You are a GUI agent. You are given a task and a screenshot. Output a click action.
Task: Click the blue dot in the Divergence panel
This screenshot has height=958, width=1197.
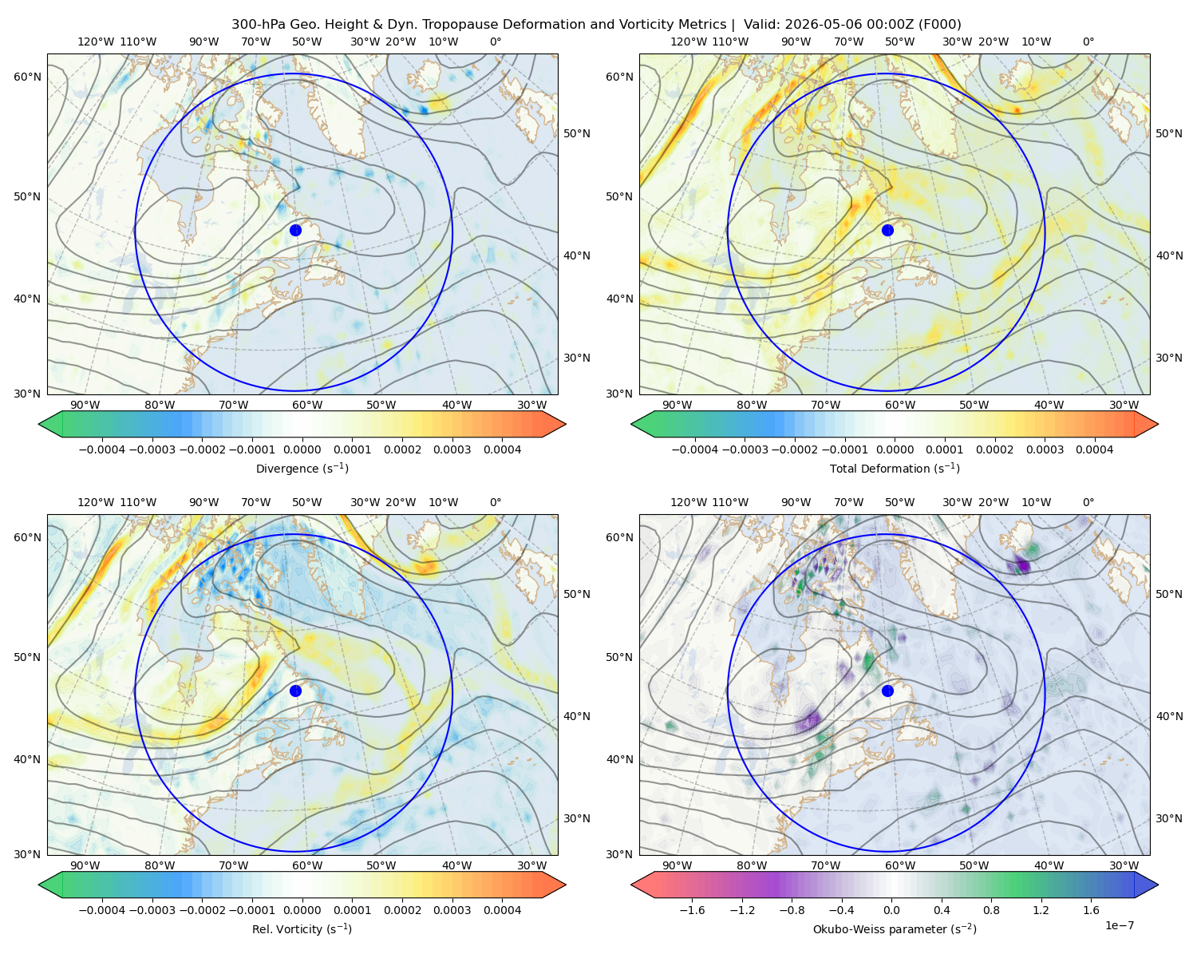[x=295, y=230]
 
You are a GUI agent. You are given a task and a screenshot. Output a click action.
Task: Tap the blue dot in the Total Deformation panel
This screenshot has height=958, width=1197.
[x=887, y=230]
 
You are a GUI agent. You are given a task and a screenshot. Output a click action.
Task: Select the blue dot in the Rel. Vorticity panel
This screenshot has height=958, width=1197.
[x=295, y=691]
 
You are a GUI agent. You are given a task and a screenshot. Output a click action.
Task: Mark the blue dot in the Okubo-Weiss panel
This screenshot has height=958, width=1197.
[x=887, y=691]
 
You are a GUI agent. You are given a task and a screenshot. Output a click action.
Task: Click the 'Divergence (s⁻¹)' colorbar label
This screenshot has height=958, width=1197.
[x=302, y=468]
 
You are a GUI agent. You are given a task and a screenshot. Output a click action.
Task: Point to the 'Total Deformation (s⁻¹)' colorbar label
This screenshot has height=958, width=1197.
[x=895, y=468]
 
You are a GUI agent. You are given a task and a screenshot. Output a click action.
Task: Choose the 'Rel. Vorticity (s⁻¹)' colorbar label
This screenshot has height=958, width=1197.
[x=302, y=929]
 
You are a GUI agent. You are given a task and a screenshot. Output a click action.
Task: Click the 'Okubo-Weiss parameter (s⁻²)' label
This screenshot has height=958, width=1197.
[x=895, y=929]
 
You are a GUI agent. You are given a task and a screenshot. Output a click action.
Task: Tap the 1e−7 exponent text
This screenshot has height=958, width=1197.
[x=1119, y=925]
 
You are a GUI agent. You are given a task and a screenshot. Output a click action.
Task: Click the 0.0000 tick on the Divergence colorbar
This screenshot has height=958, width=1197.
[x=302, y=449]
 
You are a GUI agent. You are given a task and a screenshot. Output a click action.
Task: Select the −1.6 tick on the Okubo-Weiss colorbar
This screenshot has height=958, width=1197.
[x=692, y=910]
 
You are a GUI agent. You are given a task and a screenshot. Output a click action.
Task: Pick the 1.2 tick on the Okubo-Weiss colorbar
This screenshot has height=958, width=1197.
[x=1041, y=910]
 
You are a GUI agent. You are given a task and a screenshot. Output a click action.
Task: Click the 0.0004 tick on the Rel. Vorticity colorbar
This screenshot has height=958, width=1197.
[x=502, y=910]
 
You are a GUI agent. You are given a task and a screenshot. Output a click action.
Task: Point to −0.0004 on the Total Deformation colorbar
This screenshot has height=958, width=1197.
[x=695, y=449]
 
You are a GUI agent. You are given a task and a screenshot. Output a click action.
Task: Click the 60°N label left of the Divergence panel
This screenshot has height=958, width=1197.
[x=27, y=77]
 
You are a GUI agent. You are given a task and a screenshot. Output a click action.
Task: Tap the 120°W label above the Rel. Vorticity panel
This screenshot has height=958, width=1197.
[x=96, y=502]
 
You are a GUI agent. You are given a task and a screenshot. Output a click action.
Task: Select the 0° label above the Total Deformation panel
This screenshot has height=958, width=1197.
[x=1088, y=42]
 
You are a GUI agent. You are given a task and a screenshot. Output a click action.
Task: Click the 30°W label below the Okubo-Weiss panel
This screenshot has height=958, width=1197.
[x=1124, y=865]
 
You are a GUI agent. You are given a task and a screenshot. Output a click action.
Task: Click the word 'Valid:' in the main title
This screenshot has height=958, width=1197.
[x=761, y=25]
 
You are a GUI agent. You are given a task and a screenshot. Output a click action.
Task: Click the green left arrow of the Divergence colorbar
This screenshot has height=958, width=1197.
[x=50, y=424]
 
